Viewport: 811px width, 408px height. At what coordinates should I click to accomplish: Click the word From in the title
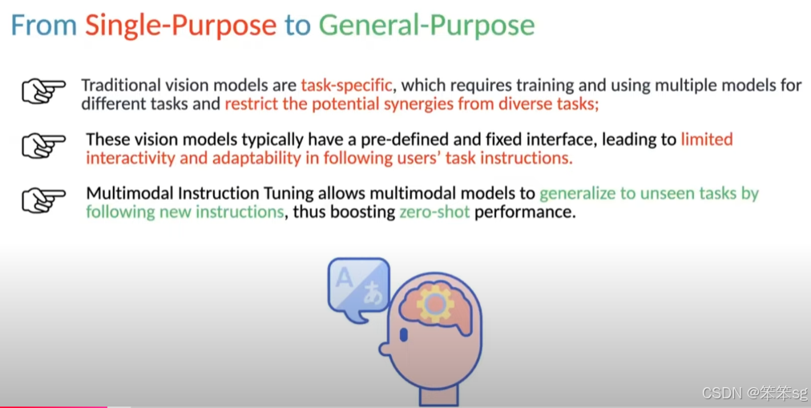click(43, 25)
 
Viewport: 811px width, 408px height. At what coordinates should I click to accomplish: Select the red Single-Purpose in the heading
click(180, 25)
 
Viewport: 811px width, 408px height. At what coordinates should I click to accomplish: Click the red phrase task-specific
click(346, 85)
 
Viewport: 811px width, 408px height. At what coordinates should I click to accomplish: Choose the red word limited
click(706, 139)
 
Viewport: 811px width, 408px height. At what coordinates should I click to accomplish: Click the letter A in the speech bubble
click(344, 278)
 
